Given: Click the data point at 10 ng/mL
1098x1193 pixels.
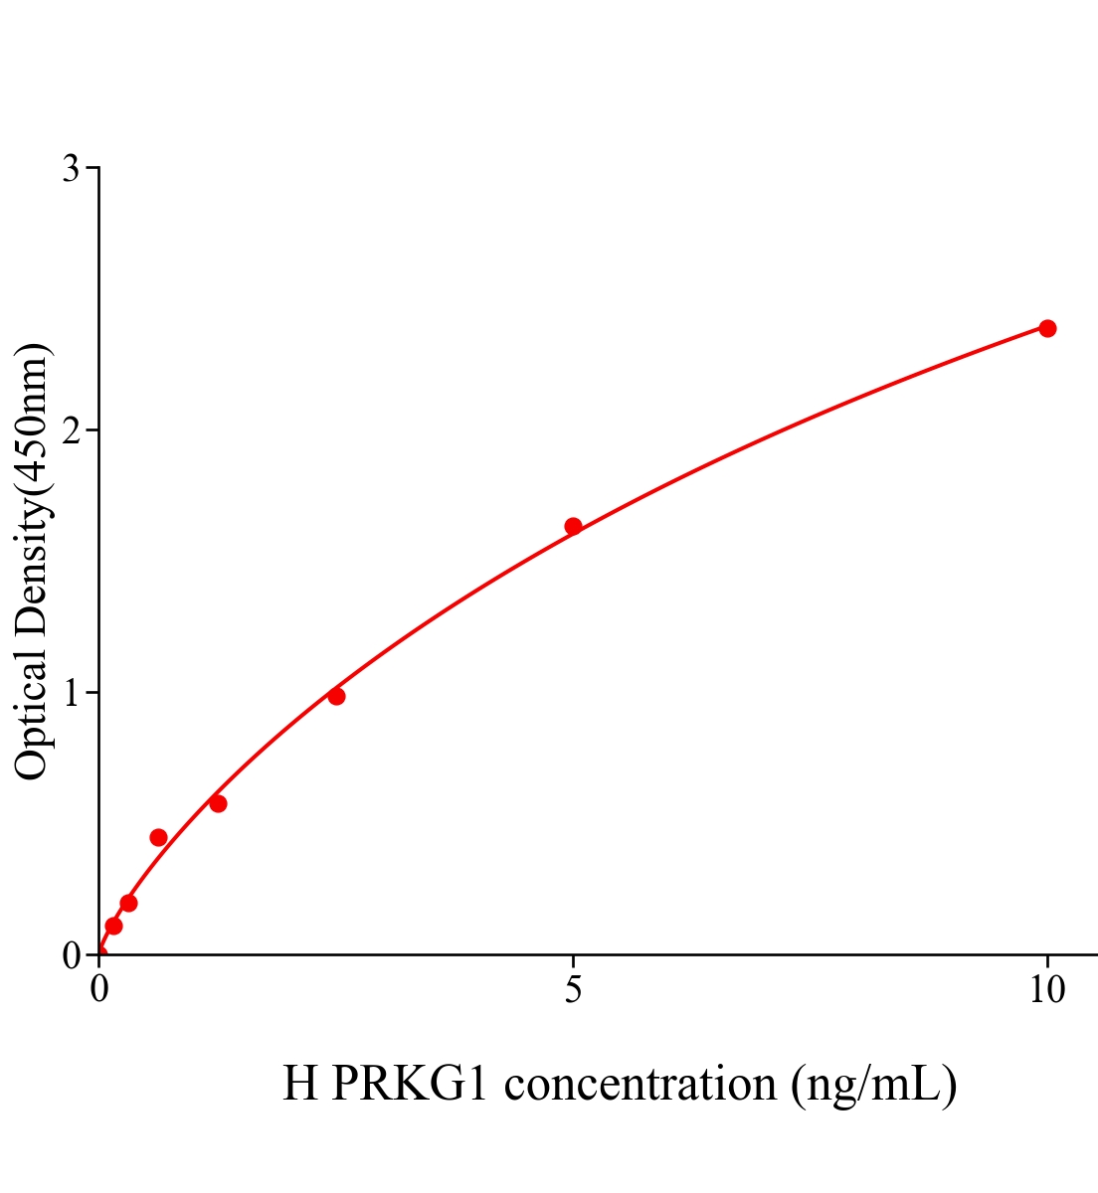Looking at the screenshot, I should coord(1047,328).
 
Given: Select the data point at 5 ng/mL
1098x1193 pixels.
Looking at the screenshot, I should coord(573,526).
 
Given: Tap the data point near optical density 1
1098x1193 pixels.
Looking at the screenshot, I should coord(336,696).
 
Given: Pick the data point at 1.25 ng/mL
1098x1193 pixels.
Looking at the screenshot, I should coord(218,803).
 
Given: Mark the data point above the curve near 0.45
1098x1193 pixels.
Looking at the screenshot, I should coord(158,837).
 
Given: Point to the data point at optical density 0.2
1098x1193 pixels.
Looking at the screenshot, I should coord(128,903).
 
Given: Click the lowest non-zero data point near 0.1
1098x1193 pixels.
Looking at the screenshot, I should coord(113,926).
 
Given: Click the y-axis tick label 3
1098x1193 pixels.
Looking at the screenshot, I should coord(71,169).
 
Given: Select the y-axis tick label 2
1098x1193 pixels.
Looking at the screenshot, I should coord(71,430).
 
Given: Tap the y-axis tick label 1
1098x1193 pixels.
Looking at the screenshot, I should coord(71,693).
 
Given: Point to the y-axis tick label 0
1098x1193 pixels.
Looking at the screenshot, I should coord(71,955).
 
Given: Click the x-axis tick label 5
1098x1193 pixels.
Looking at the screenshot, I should coord(573,990).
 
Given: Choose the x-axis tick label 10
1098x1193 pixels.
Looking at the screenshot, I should coord(1046,990).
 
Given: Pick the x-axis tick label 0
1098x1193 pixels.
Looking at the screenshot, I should coord(99,990).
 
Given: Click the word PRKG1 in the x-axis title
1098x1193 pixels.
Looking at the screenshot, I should coord(410,1084).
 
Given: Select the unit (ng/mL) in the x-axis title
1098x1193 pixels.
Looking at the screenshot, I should coord(873,1084).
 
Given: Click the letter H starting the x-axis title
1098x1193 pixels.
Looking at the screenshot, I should coord(300,1084).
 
